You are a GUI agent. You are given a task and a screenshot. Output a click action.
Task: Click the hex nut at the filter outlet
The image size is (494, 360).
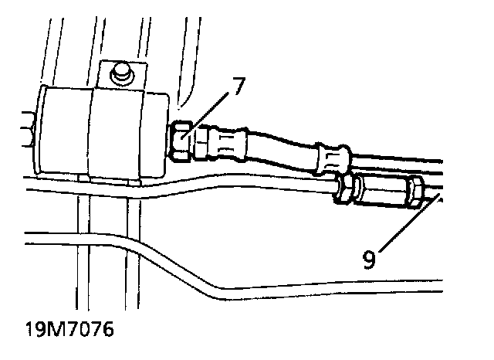pyautogui.click(x=182, y=141)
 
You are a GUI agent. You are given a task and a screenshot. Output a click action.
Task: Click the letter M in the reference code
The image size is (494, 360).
pyautogui.click(x=50, y=331)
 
